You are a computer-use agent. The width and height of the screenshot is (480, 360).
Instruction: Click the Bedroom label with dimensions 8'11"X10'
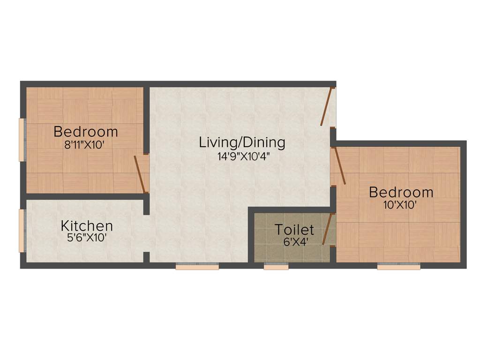tap(85, 131)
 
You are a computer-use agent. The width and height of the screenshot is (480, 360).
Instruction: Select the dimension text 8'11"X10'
tap(84, 145)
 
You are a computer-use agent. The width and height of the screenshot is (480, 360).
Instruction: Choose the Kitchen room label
tap(87, 226)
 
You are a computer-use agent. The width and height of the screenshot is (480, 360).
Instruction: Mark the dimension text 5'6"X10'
tap(87, 238)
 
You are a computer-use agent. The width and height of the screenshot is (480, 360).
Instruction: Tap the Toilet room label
tap(294, 230)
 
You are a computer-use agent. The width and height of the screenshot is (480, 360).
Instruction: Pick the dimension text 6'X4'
tap(294, 242)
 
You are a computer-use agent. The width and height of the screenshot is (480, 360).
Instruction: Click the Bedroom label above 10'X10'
tap(401, 192)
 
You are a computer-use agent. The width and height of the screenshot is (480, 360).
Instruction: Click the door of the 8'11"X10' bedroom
tap(140, 174)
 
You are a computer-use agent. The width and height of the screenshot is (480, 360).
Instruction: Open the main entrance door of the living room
tap(327, 107)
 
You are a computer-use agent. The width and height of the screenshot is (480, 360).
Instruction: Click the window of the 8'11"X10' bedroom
tap(21, 140)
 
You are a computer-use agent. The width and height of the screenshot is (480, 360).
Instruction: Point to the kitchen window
tap(21, 231)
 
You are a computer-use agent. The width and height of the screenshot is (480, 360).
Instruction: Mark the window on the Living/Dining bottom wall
tap(197, 266)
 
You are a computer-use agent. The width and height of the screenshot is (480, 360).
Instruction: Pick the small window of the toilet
tap(276, 266)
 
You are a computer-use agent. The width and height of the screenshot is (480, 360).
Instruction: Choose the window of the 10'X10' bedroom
tap(398, 266)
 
